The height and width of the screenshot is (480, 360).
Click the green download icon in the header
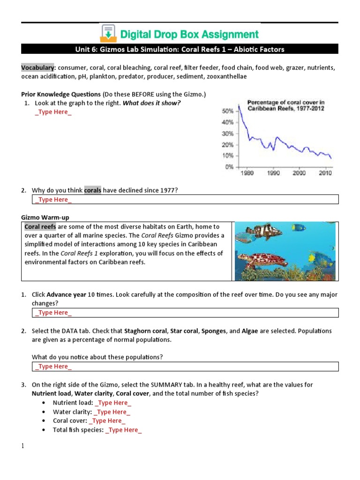pos(108,33)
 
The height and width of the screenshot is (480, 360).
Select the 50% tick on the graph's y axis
pos(227,111)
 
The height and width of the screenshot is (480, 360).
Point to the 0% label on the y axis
pos(229,166)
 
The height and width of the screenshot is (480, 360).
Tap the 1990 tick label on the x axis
pos(273,173)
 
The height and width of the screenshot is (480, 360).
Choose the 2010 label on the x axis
pos(325,173)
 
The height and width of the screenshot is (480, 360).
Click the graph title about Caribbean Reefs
pos(285,105)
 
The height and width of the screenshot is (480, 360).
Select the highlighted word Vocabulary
pos(37,67)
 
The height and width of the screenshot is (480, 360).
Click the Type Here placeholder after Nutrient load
pos(113,403)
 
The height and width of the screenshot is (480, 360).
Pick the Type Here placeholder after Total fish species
pos(124,430)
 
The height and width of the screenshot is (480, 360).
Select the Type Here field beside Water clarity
pos(112,412)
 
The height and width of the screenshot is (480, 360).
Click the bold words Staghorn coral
pos(145,331)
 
